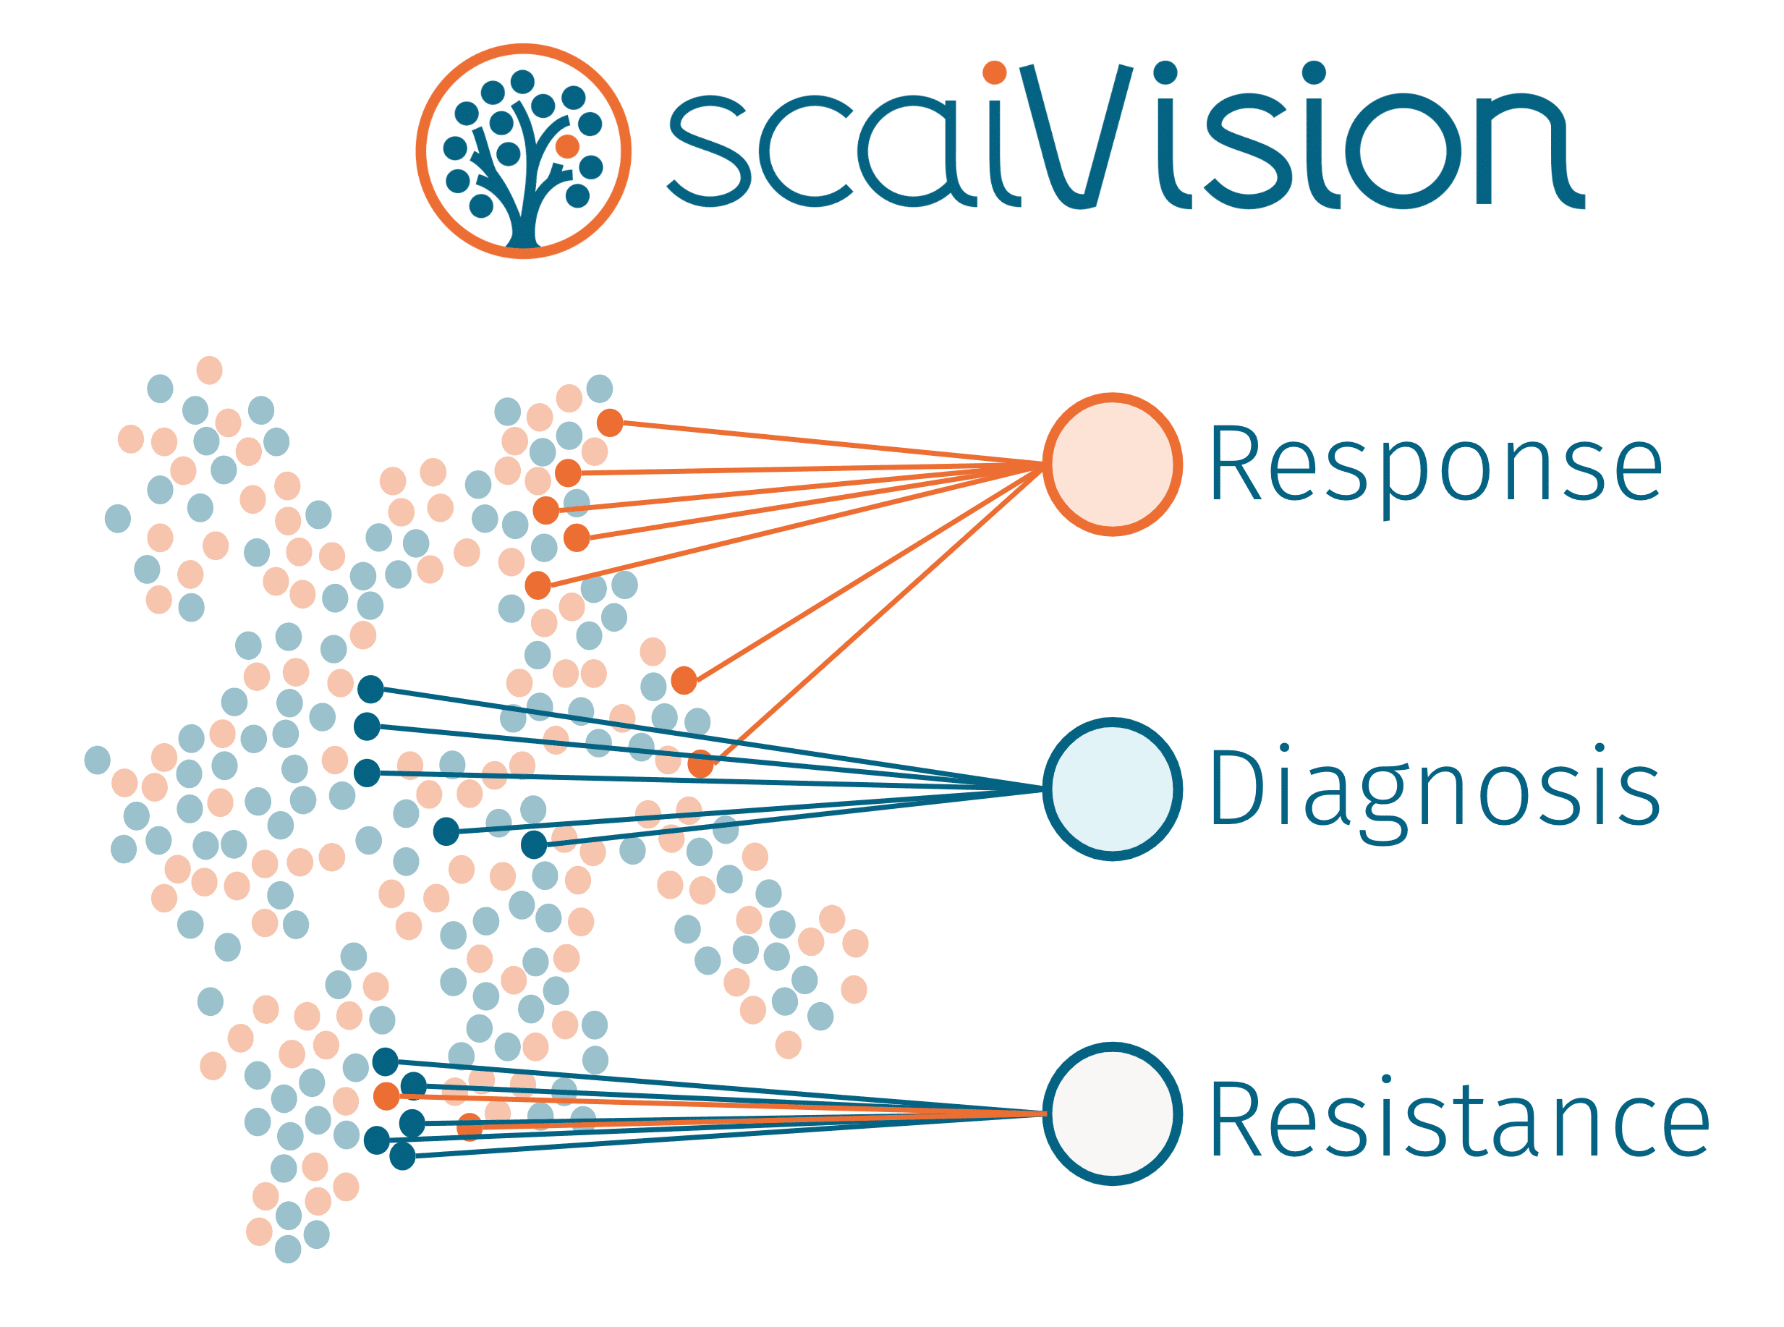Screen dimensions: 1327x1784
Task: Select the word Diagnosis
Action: pyautogui.click(x=1434, y=789)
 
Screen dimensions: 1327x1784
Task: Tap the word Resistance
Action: pyautogui.click(x=1458, y=1116)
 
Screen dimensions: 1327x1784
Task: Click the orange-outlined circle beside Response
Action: pyautogui.click(x=1112, y=465)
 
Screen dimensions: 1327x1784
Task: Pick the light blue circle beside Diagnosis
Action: pyautogui.click(x=1112, y=789)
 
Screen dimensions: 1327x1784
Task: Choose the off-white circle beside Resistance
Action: pyautogui.click(x=1112, y=1114)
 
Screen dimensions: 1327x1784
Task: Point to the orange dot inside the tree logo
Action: pyautogui.click(x=567, y=146)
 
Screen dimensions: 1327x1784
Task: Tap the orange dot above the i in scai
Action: pyautogui.click(x=995, y=72)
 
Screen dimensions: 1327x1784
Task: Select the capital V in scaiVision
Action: pyautogui.click(x=1076, y=137)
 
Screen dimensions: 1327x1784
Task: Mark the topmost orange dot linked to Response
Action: pyautogui.click(x=610, y=423)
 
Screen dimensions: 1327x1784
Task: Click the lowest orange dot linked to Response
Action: pyautogui.click(x=700, y=764)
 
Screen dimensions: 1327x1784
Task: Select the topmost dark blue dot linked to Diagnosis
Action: pyautogui.click(x=370, y=688)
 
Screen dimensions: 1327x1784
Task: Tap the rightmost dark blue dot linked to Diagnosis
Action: pyautogui.click(x=533, y=844)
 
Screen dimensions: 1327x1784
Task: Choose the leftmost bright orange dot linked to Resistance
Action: pyautogui.click(x=386, y=1095)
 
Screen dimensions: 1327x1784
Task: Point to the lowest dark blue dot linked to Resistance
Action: pyautogui.click(x=402, y=1156)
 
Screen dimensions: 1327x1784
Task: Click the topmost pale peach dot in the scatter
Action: pyautogui.click(x=209, y=370)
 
